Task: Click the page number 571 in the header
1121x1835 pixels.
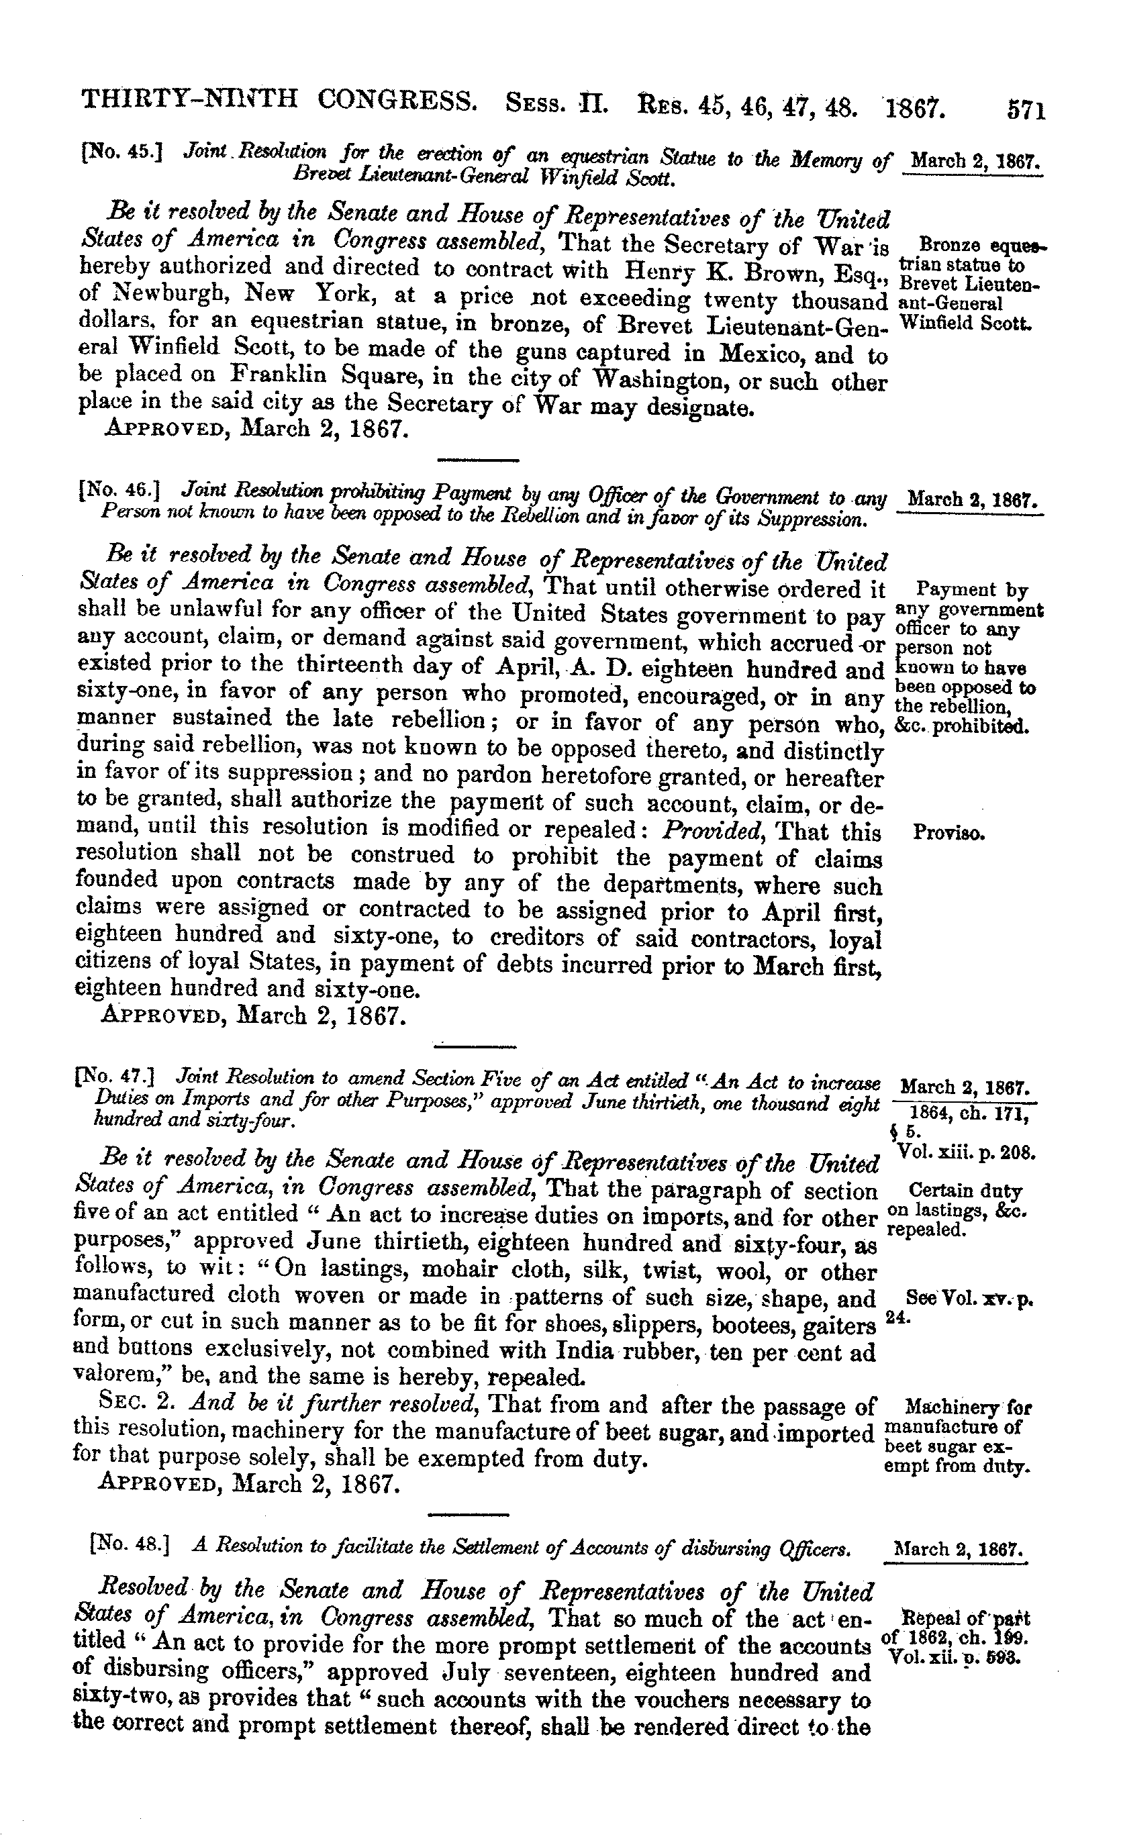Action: (x=1026, y=111)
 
